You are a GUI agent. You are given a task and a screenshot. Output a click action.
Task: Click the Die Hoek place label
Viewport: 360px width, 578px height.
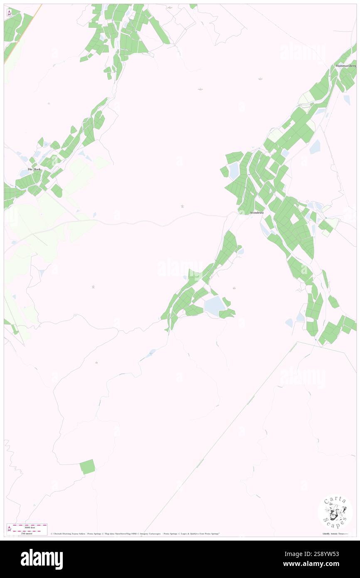click(x=34, y=169)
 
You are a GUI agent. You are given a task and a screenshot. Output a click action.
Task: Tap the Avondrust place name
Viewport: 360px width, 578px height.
click(x=256, y=212)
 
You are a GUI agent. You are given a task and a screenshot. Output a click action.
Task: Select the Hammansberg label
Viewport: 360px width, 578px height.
click(x=346, y=66)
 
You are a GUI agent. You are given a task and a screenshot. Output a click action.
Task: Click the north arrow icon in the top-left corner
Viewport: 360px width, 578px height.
click(x=9, y=13)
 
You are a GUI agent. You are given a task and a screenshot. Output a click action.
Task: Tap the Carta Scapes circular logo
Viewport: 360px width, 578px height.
click(x=335, y=512)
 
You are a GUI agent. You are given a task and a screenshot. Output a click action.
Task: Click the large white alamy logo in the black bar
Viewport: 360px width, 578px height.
click(x=42, y=559)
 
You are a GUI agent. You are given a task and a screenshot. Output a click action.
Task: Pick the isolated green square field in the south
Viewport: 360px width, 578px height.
click(x=87, y=467)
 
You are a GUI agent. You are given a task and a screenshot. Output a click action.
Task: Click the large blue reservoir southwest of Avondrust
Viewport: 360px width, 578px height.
click(x=214, y=306)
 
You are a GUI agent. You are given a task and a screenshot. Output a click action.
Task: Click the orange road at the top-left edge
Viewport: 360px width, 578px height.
click(x=23, y=33)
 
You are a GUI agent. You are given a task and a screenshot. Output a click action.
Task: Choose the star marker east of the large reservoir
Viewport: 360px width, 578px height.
click(x=234, y=288)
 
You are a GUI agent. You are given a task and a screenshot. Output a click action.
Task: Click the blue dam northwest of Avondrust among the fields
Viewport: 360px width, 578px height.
click(x=234, y=170)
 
